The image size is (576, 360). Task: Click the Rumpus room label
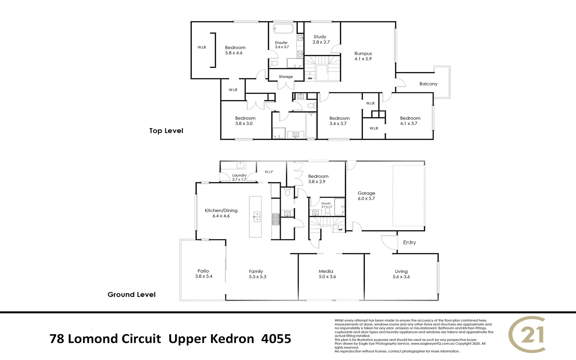[x=363, y=56]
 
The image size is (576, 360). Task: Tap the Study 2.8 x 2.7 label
[x=321, y=39]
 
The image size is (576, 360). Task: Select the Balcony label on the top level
[x=428, y=84]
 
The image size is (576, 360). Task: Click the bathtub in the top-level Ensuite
[x=283, y=28]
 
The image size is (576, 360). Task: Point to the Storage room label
[x=286, y=77]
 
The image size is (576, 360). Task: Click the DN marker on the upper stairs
[x=310, y=78]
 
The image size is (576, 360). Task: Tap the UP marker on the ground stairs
[x=340, y=230]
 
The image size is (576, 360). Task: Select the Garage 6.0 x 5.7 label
[x=366, y=196]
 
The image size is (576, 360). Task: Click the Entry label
[x=409, y=242]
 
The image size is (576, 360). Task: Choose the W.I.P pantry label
[x=269, y=172]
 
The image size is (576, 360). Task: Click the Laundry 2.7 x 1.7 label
[x=239, y=177]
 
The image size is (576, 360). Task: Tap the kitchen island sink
[x=256, y=217]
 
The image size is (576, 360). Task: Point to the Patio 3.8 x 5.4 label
[x=203, y=274]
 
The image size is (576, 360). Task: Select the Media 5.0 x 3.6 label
[x=327, y=274]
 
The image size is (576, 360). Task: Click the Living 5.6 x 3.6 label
[x=401, y=274]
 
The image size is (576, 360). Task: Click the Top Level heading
[x=166, y=131]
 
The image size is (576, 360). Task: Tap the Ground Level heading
[x=131, y=295]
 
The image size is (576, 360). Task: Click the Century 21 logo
[x=527, y=334]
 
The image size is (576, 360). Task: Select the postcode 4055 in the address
[x=276, y=339]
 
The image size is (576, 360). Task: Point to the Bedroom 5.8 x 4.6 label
[x=235, y=50]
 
